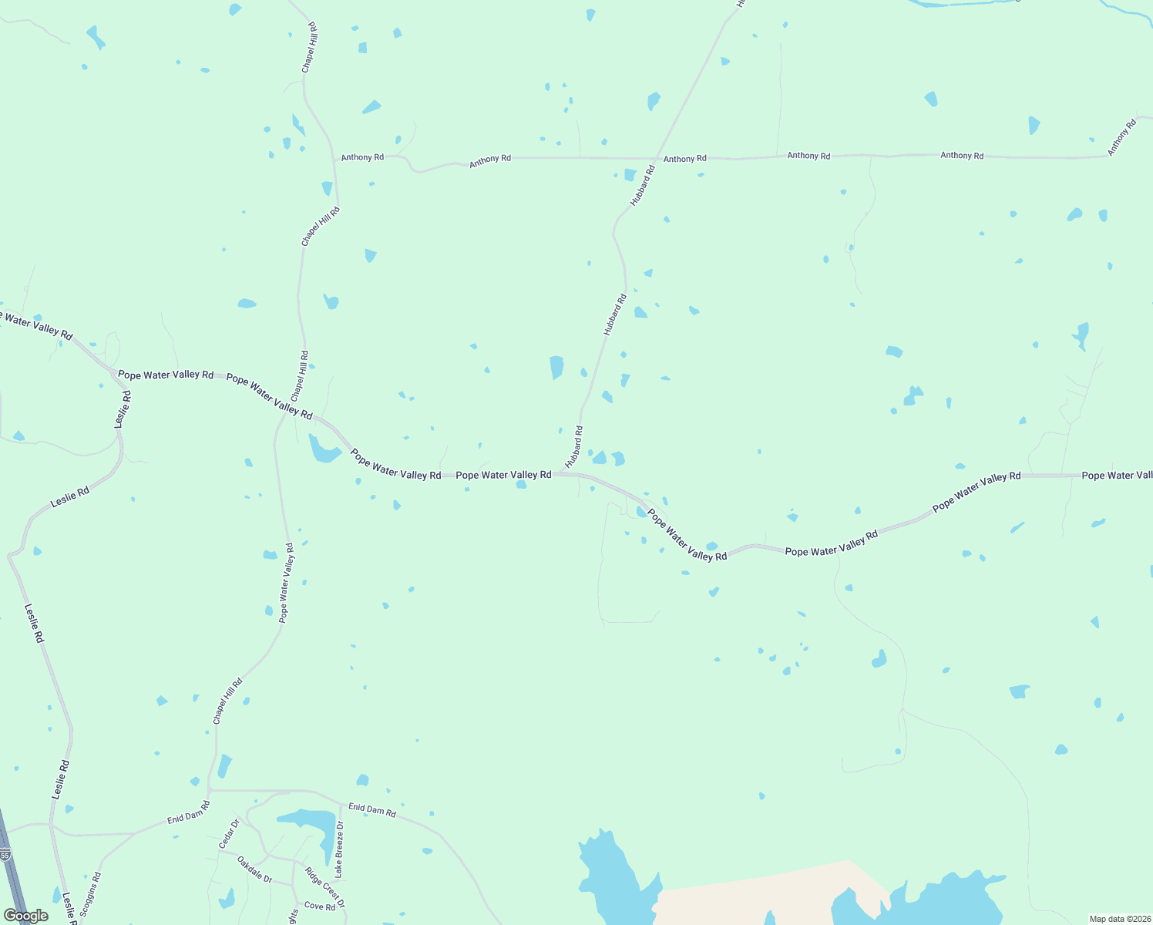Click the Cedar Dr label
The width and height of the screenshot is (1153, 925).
pos(230,833)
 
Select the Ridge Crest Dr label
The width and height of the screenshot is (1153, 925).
pos(324,887)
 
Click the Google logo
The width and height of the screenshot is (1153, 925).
pos(25,916)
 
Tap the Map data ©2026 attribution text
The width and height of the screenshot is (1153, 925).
pos(1119,919)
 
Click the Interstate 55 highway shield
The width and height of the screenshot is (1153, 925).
pos(5,855)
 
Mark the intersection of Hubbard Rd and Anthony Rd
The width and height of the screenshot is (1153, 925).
pos(656,159)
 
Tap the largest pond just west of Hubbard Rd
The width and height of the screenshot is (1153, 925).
pos(556,367)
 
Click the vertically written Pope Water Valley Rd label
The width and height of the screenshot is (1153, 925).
pos(286,583)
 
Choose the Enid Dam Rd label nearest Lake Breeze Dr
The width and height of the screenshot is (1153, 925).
pos(372,809)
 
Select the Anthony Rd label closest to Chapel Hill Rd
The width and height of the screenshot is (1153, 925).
pos(362,157)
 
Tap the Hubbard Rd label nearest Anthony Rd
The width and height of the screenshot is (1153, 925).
pos(642,185)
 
